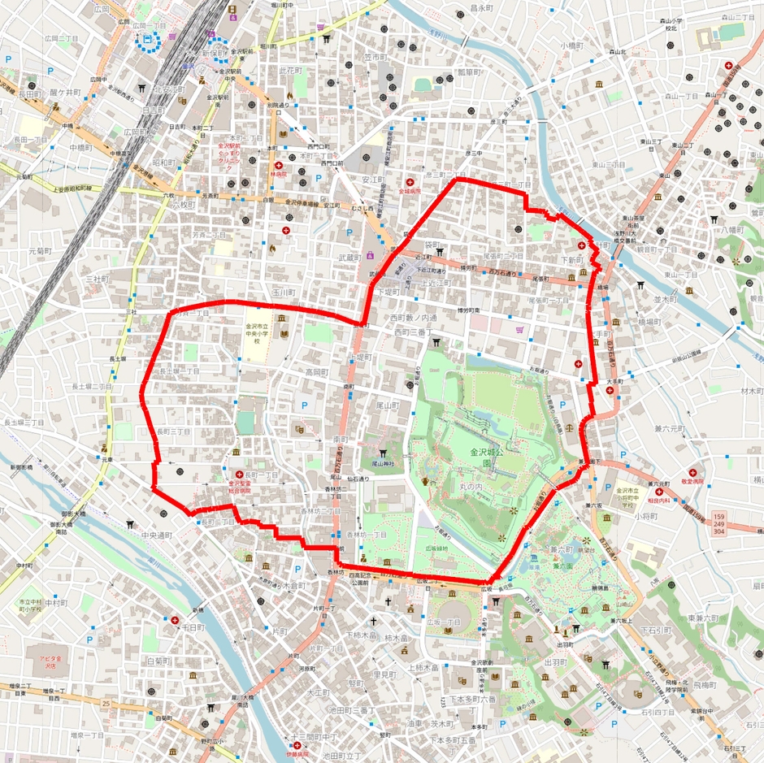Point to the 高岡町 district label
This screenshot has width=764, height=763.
coord(317,372)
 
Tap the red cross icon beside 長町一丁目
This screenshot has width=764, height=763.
coord(239,475)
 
